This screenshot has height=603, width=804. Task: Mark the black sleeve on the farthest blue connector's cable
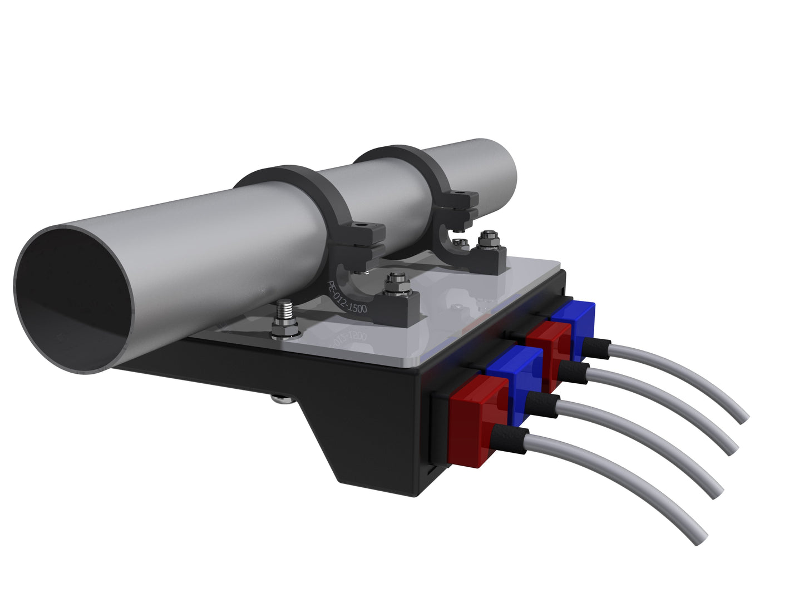coord(598,347)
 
